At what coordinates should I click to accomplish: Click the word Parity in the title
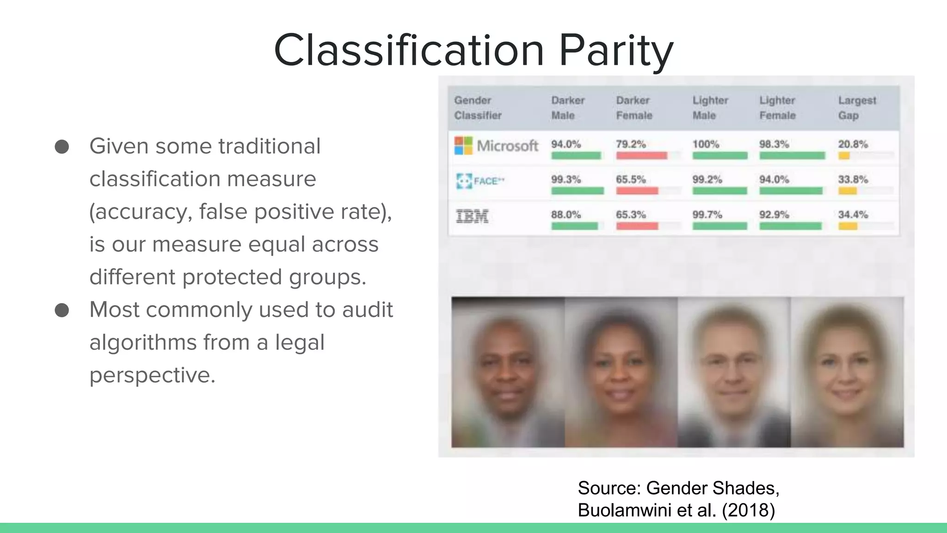(x=616, y=51)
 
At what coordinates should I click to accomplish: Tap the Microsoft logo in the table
(x=463, y=145)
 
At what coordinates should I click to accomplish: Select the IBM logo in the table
(x=472, y=216)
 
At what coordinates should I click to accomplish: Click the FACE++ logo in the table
(x=480, y=181)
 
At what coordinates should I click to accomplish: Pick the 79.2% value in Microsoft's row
(x=631, y=144)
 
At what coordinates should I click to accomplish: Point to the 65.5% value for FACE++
(x=631, y=180)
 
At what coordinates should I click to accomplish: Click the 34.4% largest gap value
(x=853, y=215)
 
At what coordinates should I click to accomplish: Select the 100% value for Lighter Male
(x=706, y=144)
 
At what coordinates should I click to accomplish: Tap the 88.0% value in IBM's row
(x=566, y=215)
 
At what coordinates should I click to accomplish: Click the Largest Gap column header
(x=857, y=108)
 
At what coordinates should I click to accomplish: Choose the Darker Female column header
(x=633, y=108)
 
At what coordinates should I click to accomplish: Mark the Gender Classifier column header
(x=477, y=108)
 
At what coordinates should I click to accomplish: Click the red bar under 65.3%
(x=637, y=226)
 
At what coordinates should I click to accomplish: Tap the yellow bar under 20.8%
(x=844, y=156)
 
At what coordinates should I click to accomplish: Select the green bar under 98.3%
(x=792, y=156)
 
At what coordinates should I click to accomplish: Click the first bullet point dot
(x=62, y=147)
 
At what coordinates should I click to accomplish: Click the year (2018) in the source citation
(x=748, y=510)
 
